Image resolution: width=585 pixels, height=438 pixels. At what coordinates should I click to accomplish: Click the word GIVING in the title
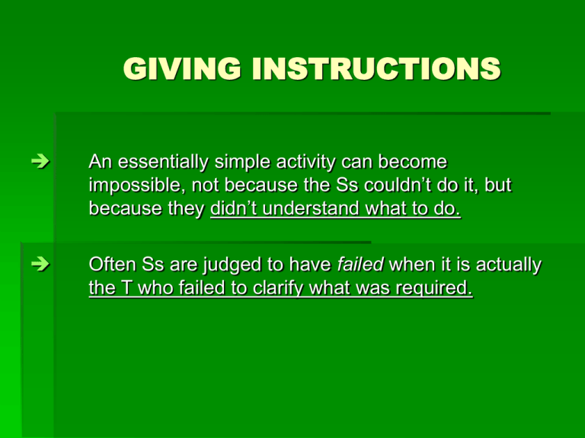(x=182, y=68)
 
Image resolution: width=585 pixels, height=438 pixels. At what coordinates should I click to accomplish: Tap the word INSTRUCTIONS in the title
(x=376, y=68)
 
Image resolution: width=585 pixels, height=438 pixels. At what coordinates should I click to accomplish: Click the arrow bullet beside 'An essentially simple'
(x=40, y=162)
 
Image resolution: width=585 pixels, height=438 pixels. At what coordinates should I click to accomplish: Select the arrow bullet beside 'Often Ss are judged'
(x=40, y=265)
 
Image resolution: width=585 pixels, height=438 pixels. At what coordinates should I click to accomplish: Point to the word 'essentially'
(x=163, y=162)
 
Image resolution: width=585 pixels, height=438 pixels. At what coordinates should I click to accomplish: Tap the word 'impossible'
(x=137, y=185)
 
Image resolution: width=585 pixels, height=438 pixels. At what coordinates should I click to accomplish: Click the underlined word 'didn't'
(x=234, y=208)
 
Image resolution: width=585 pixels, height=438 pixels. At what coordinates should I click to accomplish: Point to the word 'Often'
(x=112, y=265)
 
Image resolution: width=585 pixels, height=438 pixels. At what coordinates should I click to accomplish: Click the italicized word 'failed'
(x=360, y=265)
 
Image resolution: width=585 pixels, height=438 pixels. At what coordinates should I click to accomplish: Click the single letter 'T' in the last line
(x=127, y=288)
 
